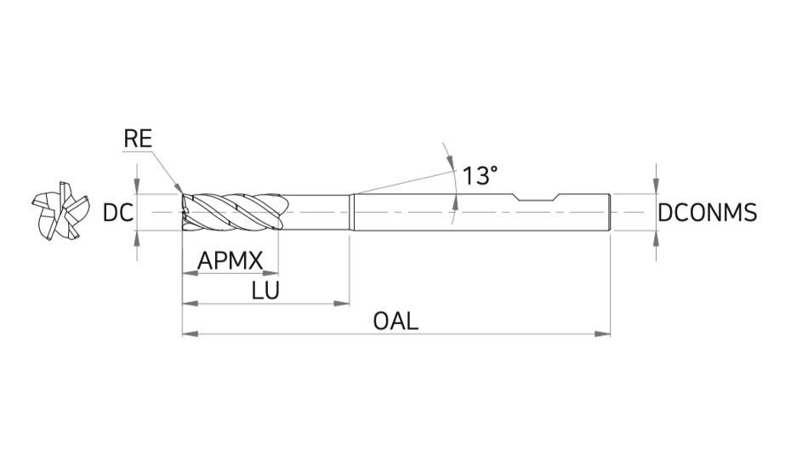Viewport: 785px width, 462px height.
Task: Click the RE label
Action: point(138,139)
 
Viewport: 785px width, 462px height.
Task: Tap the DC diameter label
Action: point(118,213)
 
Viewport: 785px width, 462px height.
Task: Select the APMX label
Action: point(230,260)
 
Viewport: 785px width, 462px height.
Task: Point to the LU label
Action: point(265,290)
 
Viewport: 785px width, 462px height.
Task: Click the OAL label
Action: point(395,321)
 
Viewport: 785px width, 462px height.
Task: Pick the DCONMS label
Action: point(707,213)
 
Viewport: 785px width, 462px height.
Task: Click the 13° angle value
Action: point(480,175)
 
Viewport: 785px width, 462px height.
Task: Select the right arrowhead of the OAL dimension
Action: point(602,334)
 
